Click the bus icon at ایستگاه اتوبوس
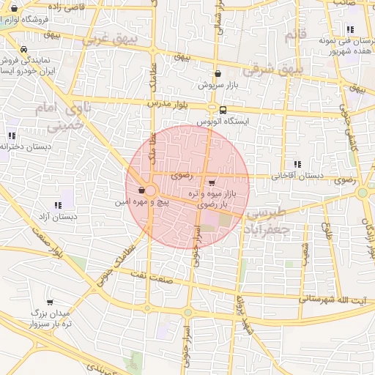223,111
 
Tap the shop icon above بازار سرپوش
218,73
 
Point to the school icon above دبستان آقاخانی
297,164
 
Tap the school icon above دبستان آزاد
57,205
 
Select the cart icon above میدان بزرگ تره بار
50,302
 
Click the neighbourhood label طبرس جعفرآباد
268,220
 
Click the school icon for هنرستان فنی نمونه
350,30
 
